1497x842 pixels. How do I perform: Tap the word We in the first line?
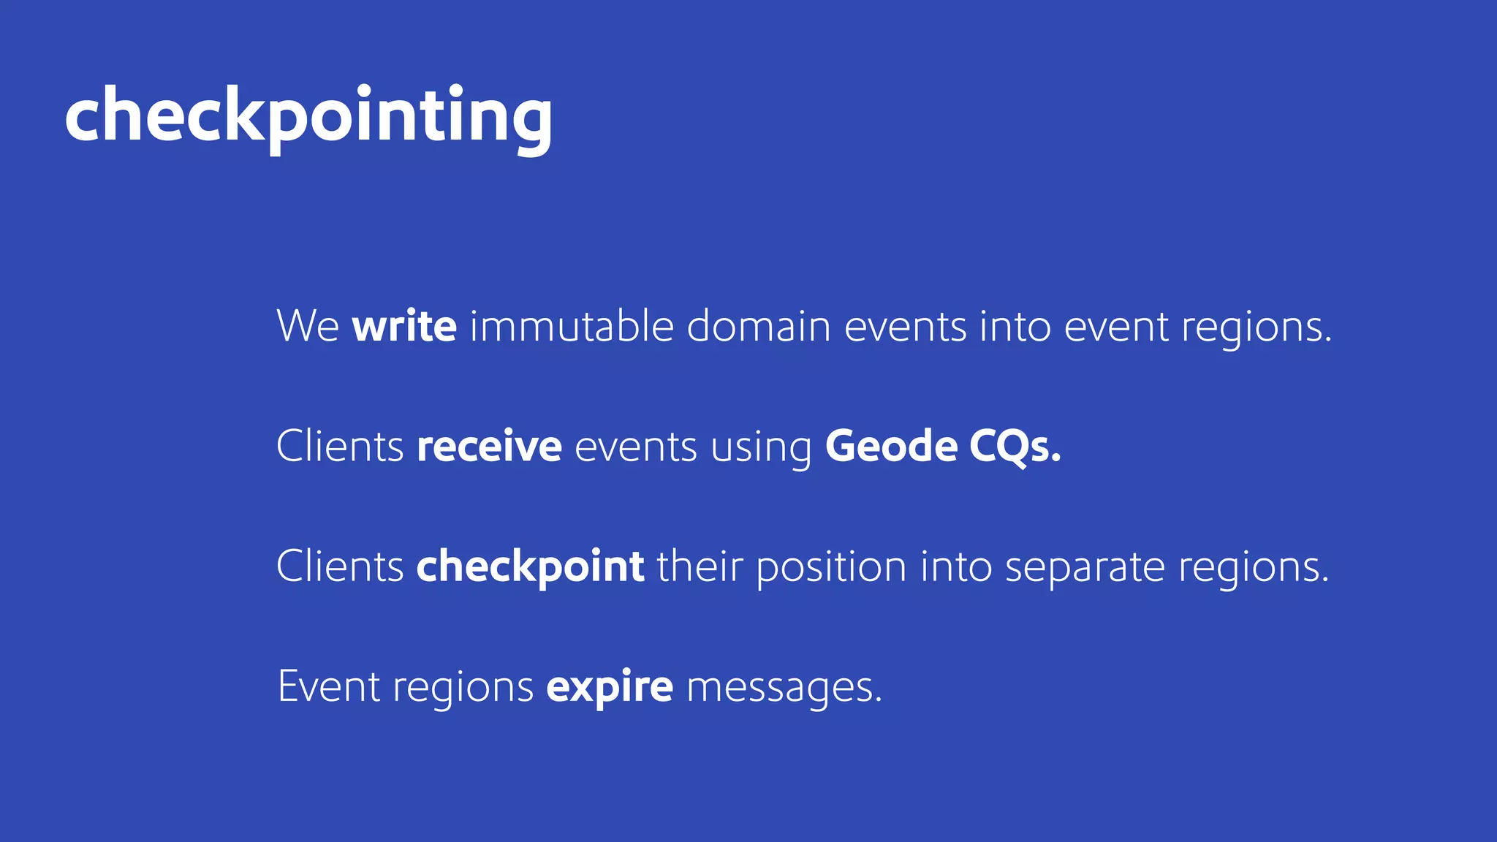[308, 326]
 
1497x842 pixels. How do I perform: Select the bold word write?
[404, 326]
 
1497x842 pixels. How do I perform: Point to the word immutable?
[571, 326]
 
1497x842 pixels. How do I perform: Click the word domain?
[758, 326]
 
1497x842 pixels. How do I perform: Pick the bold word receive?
[489, 446]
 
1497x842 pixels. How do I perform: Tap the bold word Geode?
[891, 446]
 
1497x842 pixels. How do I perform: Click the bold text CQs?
[1015, 446]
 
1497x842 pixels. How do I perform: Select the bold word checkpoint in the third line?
[530, 566]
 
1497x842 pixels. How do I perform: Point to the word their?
[700, 566]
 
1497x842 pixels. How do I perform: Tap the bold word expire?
[610, 687]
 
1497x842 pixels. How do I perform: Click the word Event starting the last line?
[329, 686]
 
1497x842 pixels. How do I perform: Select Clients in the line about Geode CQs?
[340, 446]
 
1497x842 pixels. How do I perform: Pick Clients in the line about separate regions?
[340, 566]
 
